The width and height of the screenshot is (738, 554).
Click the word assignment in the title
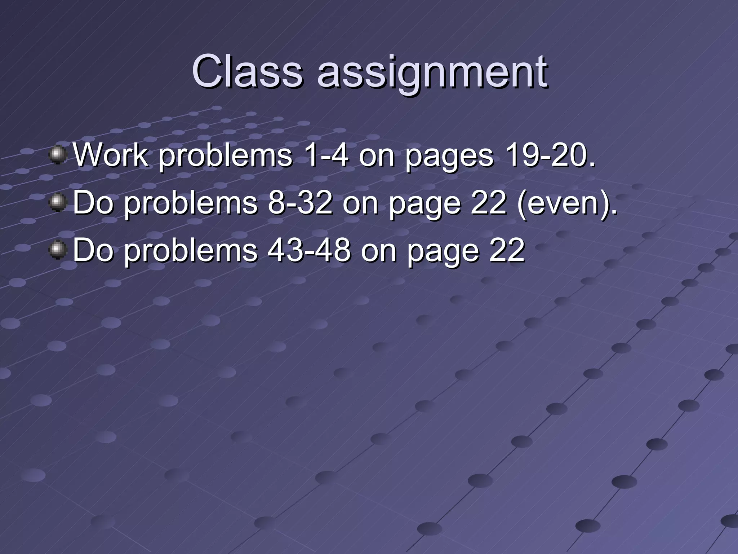[x=432, y=72]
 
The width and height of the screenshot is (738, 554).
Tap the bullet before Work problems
[x=58, y=155]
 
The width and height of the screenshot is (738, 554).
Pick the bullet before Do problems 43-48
[x=58, y=250]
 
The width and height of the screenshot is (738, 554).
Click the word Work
[x=111, y=155]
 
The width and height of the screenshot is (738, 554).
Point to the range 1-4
[x=326, y=155]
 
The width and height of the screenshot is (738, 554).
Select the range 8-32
[x=300, y=203]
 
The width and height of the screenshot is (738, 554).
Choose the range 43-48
[x=309, y=250]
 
